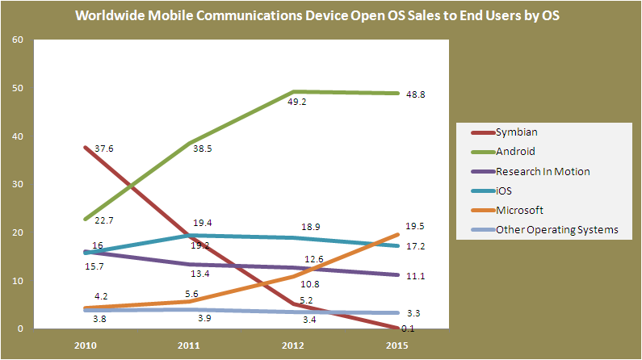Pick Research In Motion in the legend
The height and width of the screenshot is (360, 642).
tap(542, 171)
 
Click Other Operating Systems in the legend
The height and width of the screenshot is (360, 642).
tap(556, 230)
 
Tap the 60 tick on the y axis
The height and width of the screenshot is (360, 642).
tap(19, 40)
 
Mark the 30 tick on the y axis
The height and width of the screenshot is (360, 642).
tap(19, 185)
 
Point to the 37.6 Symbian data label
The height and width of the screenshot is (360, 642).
tap(103, 149)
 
